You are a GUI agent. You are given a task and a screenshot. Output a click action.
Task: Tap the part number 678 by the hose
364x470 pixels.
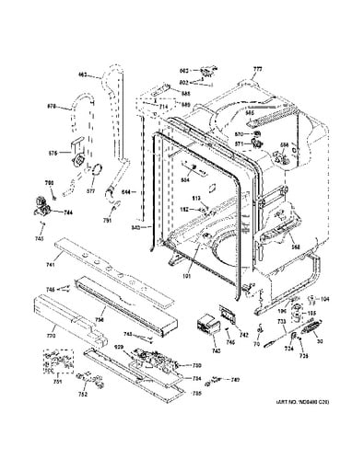(x=53, y=107)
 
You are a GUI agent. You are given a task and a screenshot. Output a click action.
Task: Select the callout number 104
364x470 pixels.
(x=323, y=299)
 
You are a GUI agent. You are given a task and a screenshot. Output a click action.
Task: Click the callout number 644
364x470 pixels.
(x=125, y=193)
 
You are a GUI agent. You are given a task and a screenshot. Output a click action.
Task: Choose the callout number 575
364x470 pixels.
(x=53, y=153)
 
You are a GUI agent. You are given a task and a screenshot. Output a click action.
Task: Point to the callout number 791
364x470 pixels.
(x=106, y=221)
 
